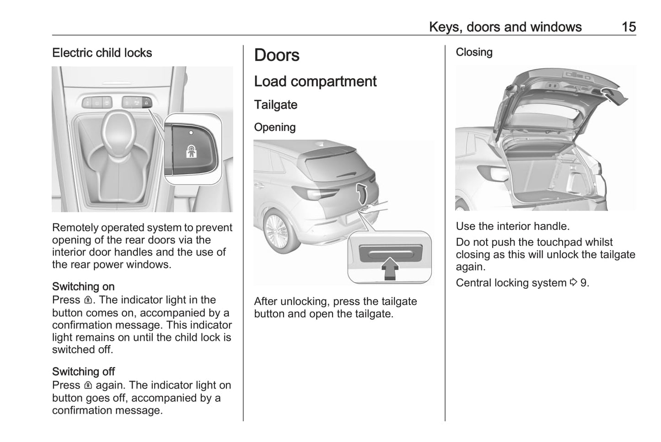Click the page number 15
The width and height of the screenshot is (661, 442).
[x=629, y=27]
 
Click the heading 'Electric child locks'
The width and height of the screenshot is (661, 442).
[x=102, y=53]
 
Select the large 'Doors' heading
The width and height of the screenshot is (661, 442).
[x=277, y=55]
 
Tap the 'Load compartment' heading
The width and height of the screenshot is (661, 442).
[x=315, y=82]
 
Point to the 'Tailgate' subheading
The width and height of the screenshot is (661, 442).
[x=275, y=105]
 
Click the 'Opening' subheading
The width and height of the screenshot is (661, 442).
[x=274, y=127]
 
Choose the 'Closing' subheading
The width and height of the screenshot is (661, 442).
[x=474, y=52]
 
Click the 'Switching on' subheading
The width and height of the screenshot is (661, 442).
[x=83, y=287]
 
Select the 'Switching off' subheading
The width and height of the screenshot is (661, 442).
[x=83, y=371]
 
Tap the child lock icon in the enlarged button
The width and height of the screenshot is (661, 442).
[x=191, y=151]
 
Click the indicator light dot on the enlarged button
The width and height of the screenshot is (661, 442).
[x=191, y=132]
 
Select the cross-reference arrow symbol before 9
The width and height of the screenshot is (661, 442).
[x=574, y=283]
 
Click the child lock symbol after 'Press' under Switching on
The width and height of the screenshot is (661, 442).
[x=88, y=300]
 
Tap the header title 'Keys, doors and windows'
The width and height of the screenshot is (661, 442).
[x=505, y=27]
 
